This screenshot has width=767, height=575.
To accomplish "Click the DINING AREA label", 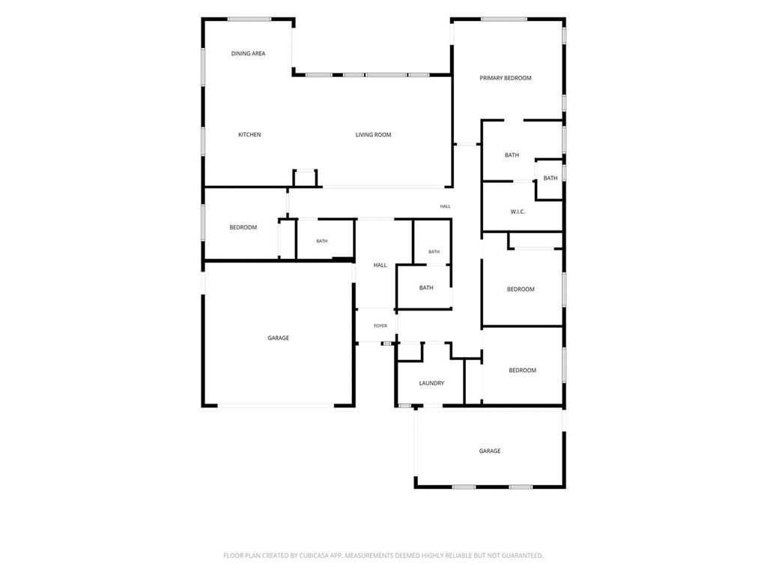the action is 248,53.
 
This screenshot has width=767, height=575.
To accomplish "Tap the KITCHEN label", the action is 249,135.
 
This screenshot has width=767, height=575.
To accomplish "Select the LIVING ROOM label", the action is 373,135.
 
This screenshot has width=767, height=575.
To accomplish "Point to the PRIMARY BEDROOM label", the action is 506,78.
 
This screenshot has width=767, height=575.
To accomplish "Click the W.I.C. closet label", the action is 518,212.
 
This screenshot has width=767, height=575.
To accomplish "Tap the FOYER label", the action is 380,326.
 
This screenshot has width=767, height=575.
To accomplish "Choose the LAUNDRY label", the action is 431,383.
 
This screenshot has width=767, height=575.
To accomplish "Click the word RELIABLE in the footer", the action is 458,556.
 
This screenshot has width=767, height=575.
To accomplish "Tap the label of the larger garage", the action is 279,338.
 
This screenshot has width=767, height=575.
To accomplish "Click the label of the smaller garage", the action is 490,451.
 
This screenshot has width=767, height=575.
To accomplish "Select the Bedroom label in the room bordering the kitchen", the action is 243,228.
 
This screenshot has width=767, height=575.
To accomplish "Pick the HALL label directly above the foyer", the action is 380,265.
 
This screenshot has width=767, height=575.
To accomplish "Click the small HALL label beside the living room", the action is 445,207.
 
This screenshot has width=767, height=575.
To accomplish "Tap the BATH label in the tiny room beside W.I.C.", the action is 551,178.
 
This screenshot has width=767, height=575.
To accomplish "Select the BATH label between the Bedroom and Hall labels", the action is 322,241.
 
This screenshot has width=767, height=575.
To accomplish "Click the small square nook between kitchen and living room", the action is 306,178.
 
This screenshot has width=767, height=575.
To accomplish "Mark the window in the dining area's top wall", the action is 249,19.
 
